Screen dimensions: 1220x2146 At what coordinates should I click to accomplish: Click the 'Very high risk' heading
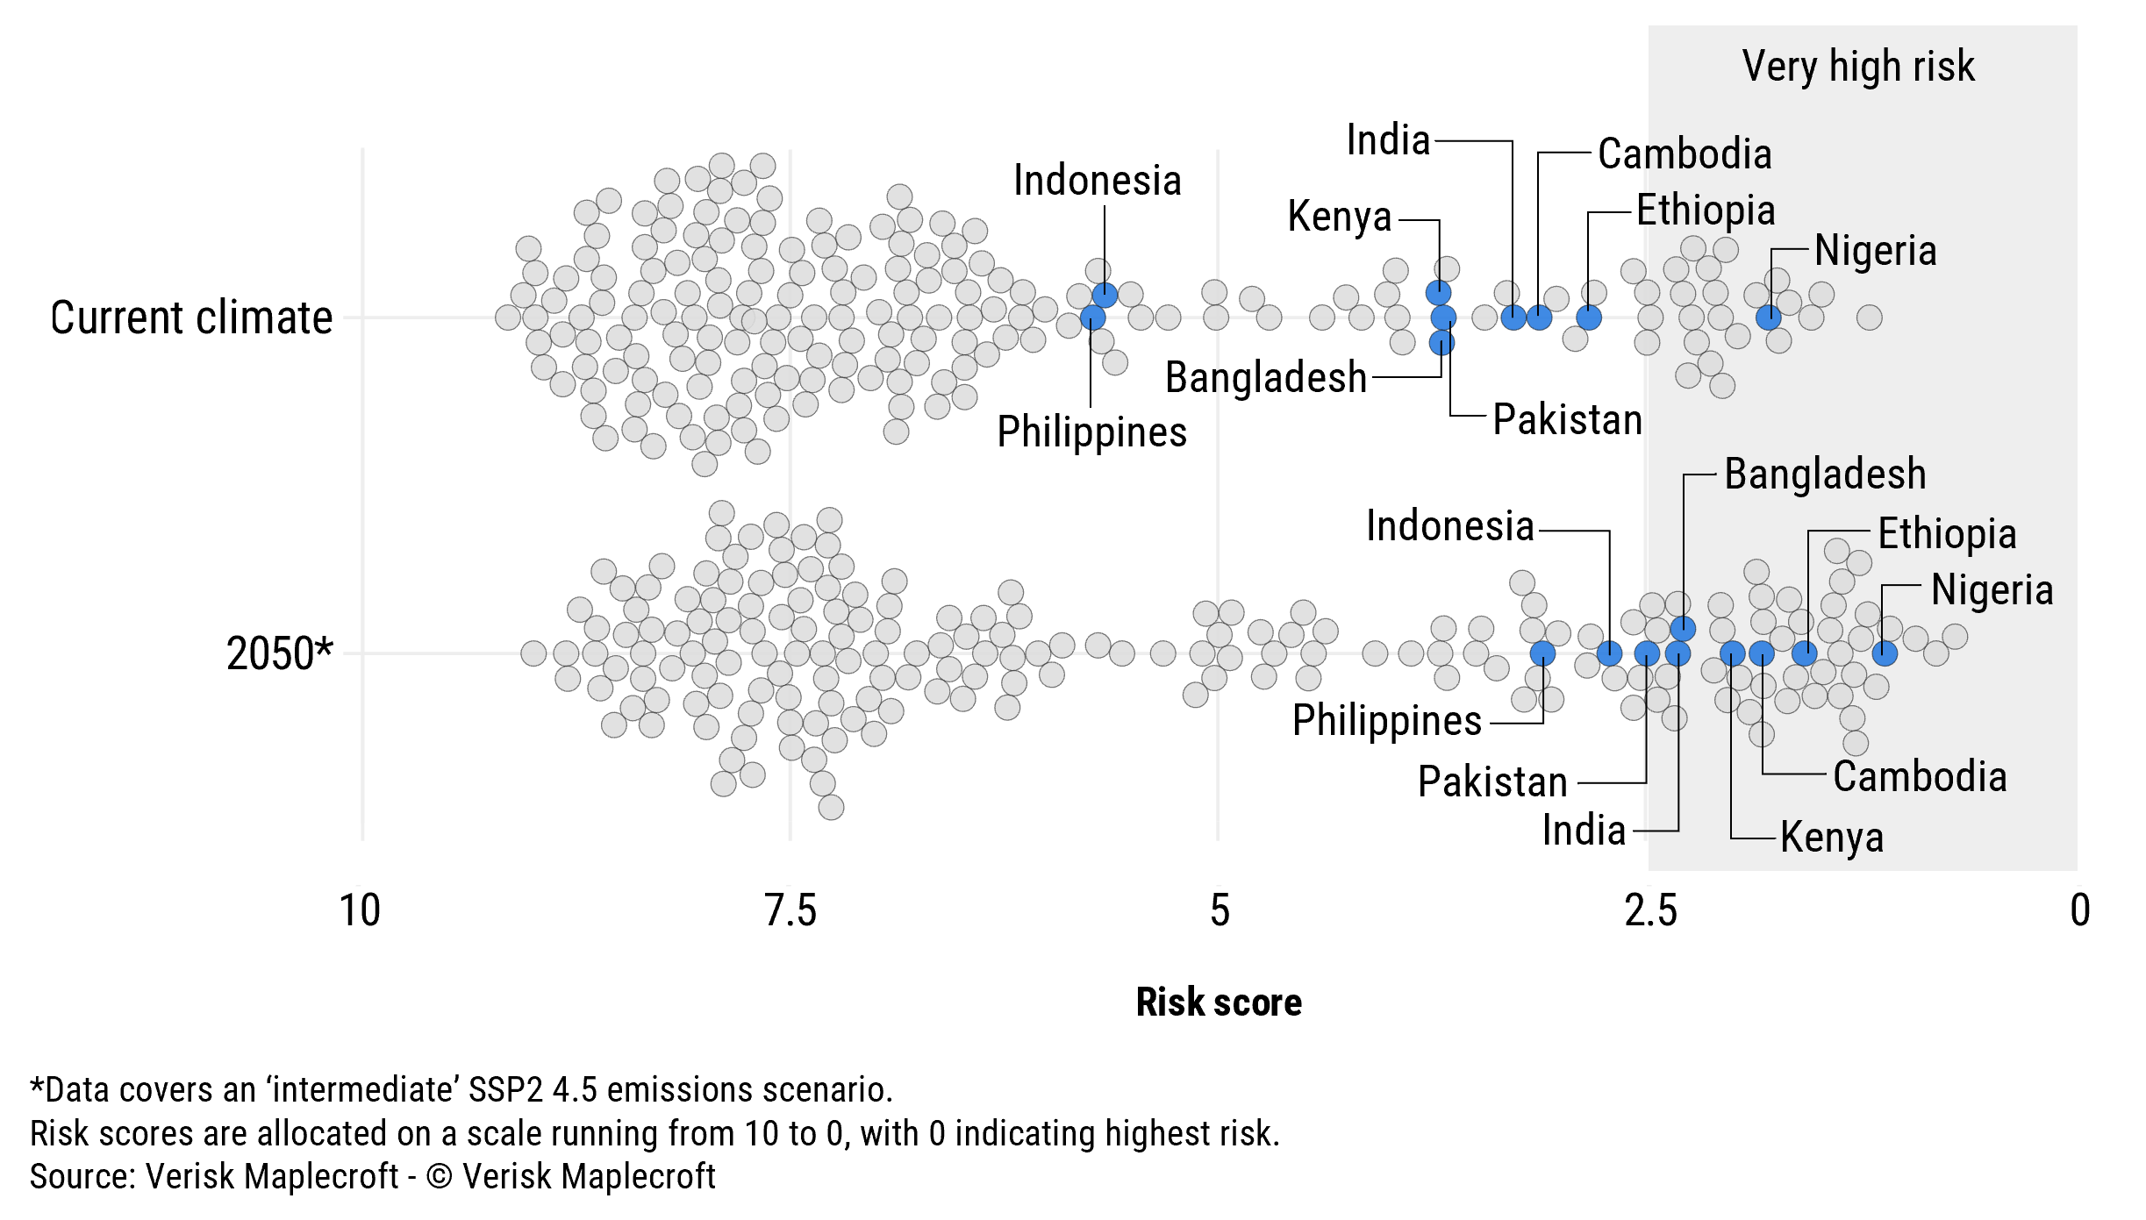pos(1858,67)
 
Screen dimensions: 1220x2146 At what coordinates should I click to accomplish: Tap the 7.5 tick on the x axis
pos(790,910)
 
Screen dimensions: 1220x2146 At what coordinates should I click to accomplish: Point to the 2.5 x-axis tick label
pos(1650,910)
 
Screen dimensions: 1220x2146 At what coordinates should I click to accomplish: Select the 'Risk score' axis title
pos(1218,1002)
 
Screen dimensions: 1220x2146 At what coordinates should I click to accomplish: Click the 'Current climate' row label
pos(191,317)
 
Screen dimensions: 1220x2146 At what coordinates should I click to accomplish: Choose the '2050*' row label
pos(279,653)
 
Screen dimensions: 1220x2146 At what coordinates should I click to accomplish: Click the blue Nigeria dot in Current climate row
pos(1769,317)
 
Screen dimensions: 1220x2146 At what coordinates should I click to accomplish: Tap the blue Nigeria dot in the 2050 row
pos(1885,653)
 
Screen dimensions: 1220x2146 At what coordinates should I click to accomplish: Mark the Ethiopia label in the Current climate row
pos(1706,210)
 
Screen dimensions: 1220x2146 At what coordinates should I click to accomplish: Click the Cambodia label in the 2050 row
pos(1920,777)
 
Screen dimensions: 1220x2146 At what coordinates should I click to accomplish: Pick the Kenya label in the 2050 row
pos(1832,837)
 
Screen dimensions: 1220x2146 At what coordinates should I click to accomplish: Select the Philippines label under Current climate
pos(1091,432)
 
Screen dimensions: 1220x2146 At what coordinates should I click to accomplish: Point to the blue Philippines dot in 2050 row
pos(1542,653)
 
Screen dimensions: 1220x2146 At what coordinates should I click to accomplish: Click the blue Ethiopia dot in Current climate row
pos(1589,317)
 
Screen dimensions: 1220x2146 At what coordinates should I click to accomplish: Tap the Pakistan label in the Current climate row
pos(1567,419)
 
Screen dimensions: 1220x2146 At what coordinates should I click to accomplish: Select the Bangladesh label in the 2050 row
pos(1825,474)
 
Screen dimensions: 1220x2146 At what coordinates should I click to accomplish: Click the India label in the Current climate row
pos(1388,140)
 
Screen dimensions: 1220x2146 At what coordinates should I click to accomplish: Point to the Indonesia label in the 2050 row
pos(1449,526)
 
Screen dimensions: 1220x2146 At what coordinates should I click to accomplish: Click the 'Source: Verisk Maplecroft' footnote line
pos(372,1177)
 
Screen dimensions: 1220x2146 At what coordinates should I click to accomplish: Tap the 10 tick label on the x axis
pos(360,910)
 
